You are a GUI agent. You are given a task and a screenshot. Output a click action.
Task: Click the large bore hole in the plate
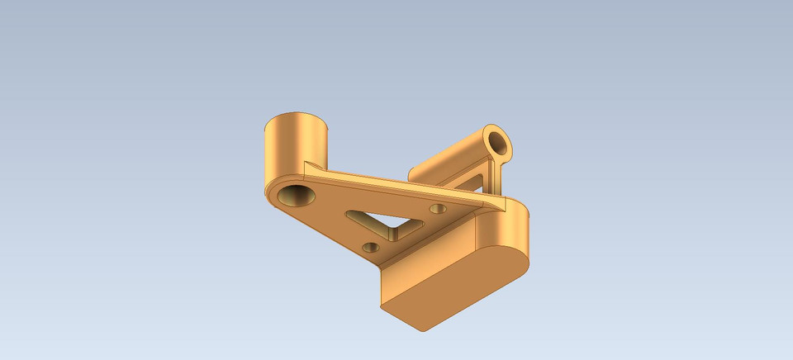pos(295,196)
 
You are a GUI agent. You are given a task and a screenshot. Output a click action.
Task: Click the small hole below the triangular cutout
pos(371,246)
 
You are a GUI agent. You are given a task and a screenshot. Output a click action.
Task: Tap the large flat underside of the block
pos(454,289)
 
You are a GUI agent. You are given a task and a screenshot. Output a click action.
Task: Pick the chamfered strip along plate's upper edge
pos(396,182)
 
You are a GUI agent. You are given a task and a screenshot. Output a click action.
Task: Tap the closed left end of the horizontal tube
pos(415,173)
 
